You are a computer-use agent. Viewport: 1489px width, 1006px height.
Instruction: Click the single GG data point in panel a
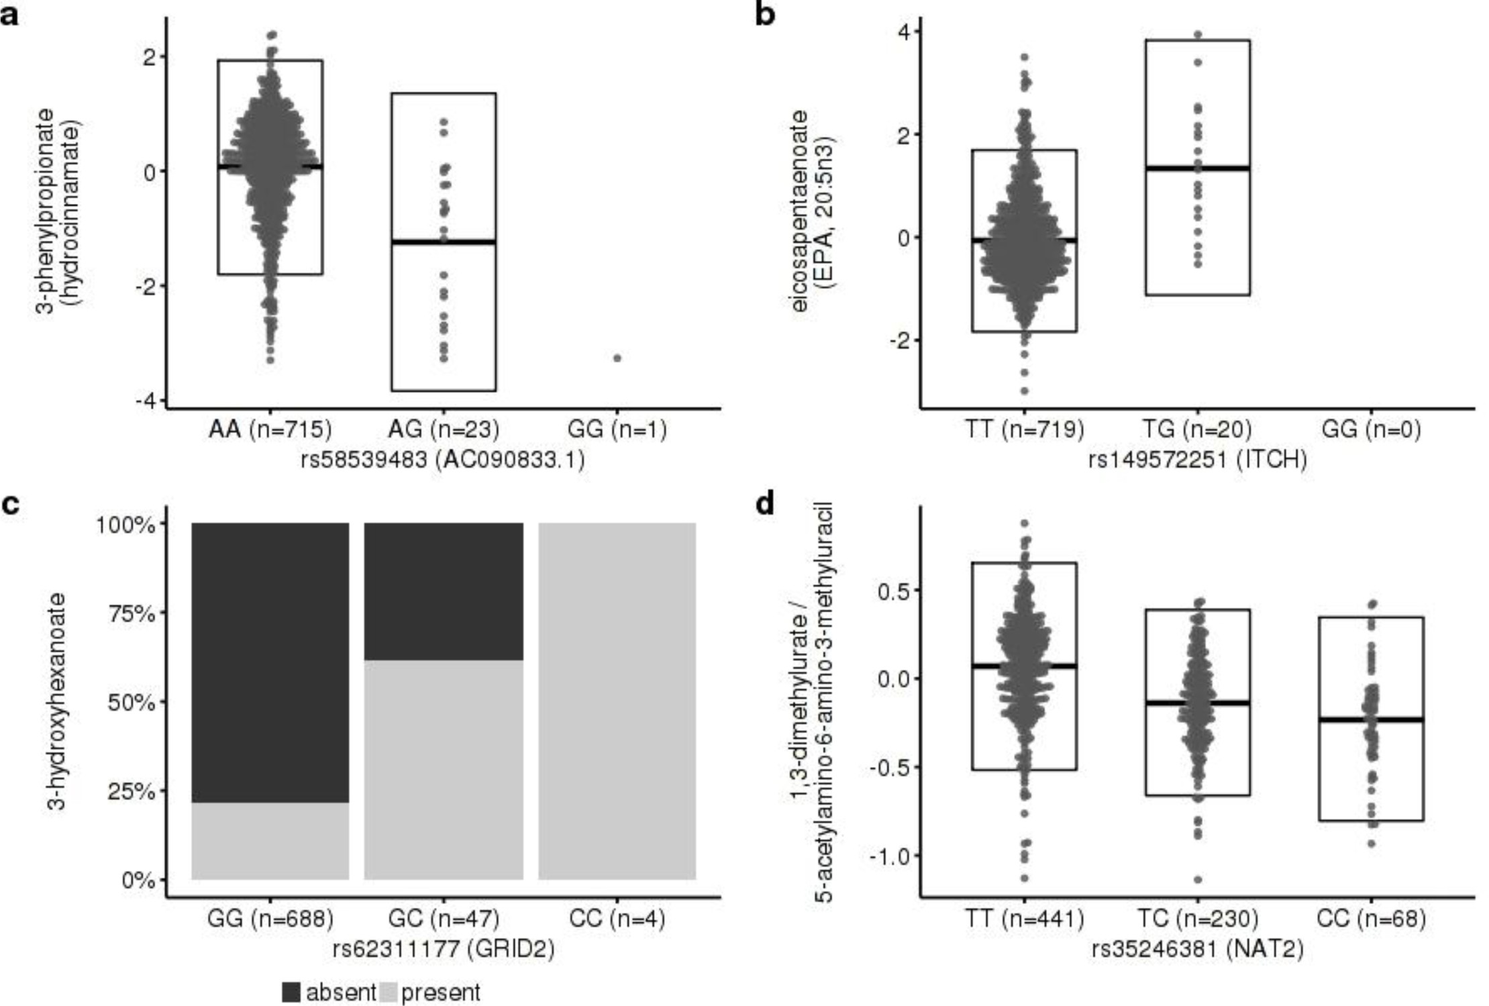pyautogui.click(x=617, y=358)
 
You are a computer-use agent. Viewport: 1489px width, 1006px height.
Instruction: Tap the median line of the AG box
pyautogui.click(x=444, y=242)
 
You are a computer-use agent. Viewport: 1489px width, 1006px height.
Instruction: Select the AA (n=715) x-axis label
pyautogui.click(x=269, y=429)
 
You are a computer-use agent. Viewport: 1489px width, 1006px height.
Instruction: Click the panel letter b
pyautogui.click(x=766, y=15)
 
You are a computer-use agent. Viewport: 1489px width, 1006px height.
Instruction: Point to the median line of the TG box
pyautogui.click(x=1197, y=168)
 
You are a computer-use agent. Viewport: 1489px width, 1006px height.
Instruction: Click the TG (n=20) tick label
pyautogui.click(x=1197, y=429)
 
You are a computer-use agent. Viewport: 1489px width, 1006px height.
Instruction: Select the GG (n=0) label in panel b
pyautogui.click(x=1371, y=429)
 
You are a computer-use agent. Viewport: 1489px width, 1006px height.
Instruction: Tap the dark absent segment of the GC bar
pyautogui.click(x=444, y=591)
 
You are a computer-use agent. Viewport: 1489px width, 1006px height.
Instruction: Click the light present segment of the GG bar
pyautogui.click(x=270, y=840)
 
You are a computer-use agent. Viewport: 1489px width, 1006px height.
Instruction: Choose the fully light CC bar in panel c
pyautogui.click(x=617, y=701)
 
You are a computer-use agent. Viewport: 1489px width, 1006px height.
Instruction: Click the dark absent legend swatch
pyautogui.click(x=291, y=992)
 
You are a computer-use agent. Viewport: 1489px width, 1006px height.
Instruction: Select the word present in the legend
pyautogui.click(x=440, y=992)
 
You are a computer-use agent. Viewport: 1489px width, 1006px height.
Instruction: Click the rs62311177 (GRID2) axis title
pyautogui.click(x=444, y=949)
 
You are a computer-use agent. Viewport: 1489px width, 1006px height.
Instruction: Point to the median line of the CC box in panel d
pyautogui.click(x=1371, y=719)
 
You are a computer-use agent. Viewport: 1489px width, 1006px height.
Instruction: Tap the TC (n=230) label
pyautogui.click(x=1197, y=918)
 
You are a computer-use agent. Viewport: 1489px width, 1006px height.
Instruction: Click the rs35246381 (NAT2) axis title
pyautogui.click(x=1197, y=949)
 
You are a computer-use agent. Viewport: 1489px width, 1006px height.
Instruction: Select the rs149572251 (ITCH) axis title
pyautogui.click(x=1197, y=460)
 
